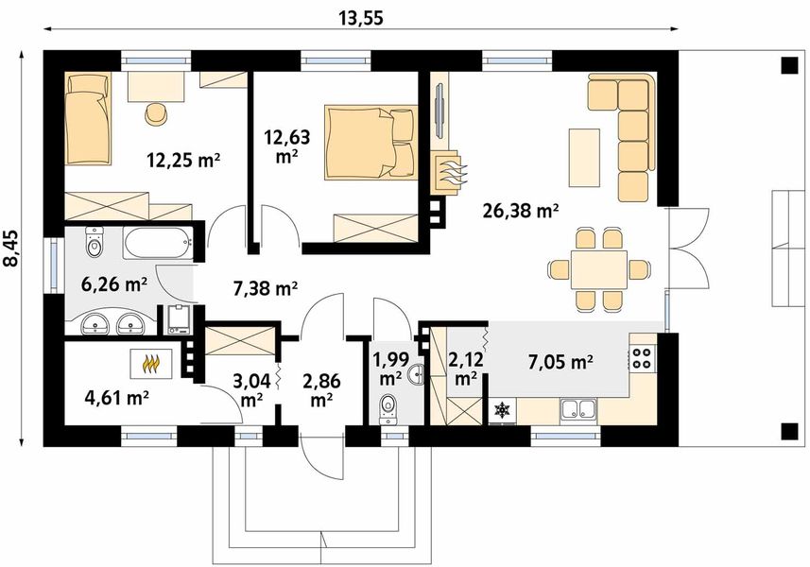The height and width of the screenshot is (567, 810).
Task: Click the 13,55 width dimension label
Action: [x=361, y=18]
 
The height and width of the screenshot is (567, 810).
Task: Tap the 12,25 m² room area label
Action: [x=183, y=161]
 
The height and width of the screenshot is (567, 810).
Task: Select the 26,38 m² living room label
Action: [x=520, y=211]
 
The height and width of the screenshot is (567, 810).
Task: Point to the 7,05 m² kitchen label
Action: [x=560, y=363]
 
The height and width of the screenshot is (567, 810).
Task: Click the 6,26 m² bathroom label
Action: [x=114, y=283]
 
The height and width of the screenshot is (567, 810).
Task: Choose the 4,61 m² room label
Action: [x=117, y=398]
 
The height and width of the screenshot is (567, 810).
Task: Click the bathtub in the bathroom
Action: [x=158, y=243]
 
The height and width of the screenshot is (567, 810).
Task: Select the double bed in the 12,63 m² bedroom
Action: [x=371, y=143]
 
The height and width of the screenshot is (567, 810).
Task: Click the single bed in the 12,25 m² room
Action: [x=88, y=119]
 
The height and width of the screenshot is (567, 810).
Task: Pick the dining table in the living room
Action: [x=598, y=269]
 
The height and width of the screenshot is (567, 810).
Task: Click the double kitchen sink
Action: [x=578, y=409]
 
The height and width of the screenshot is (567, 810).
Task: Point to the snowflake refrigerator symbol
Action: [x=502, y=410]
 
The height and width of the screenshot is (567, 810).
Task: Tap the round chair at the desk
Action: [x=157, y=114]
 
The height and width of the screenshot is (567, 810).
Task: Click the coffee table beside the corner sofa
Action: [x=584, y=158]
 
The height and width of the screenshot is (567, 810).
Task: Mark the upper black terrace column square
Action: [x=789, y=65]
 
